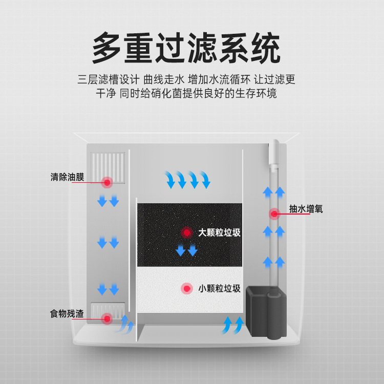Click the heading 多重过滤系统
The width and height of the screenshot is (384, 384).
coord(186,49)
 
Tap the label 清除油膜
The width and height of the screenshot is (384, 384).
coord(68,177)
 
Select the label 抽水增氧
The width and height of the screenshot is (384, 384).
coord(306,209)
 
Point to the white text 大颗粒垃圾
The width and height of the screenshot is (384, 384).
coord(219,232)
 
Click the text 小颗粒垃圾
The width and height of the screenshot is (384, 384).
coord(219,288)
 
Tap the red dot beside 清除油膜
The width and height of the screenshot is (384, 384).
coord(108,182)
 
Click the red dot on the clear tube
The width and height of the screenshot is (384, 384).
coord(274,213)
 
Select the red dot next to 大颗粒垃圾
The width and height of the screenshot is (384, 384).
coord(186,232)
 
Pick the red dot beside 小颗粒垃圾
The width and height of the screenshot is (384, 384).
coord(186,289)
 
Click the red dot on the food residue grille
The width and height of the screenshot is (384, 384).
coord(107,318)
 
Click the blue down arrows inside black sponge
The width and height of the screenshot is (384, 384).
coord(186,250)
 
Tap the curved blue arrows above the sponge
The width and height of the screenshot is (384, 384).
coord(187,179)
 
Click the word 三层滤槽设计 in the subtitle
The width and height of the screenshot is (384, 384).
coord(109,80)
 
